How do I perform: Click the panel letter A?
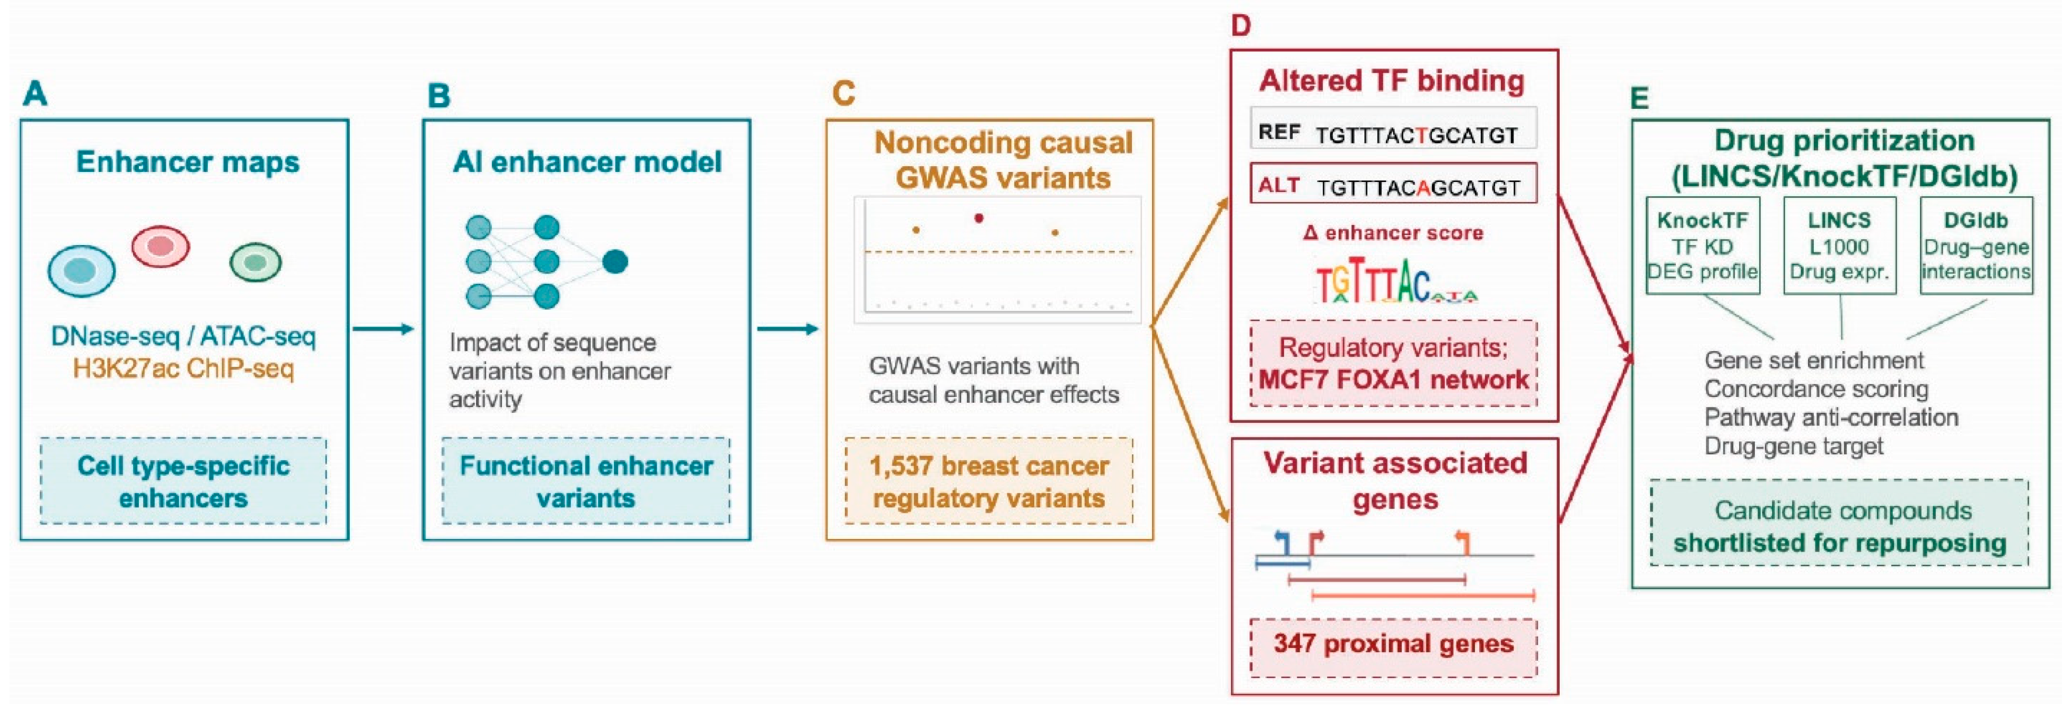35,94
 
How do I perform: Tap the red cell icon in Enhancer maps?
161,246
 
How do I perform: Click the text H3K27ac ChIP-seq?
183,369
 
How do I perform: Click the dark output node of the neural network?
615,261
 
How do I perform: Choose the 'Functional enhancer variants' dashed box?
586,481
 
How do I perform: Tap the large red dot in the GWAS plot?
978,218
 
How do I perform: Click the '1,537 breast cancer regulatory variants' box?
989,481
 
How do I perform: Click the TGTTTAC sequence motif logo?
1396,280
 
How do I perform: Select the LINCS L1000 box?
1840,245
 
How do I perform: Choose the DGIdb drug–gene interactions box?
1976,245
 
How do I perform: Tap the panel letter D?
1240,26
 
